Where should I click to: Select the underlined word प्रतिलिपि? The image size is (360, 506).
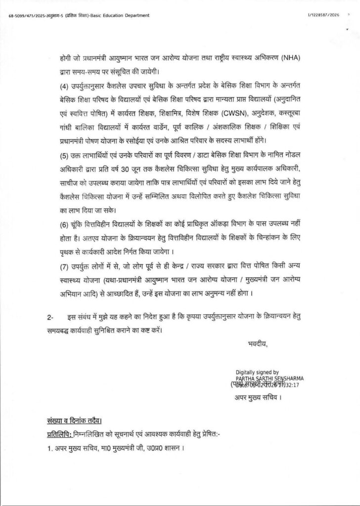(57, 434)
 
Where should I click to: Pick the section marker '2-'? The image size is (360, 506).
(45, 316)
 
